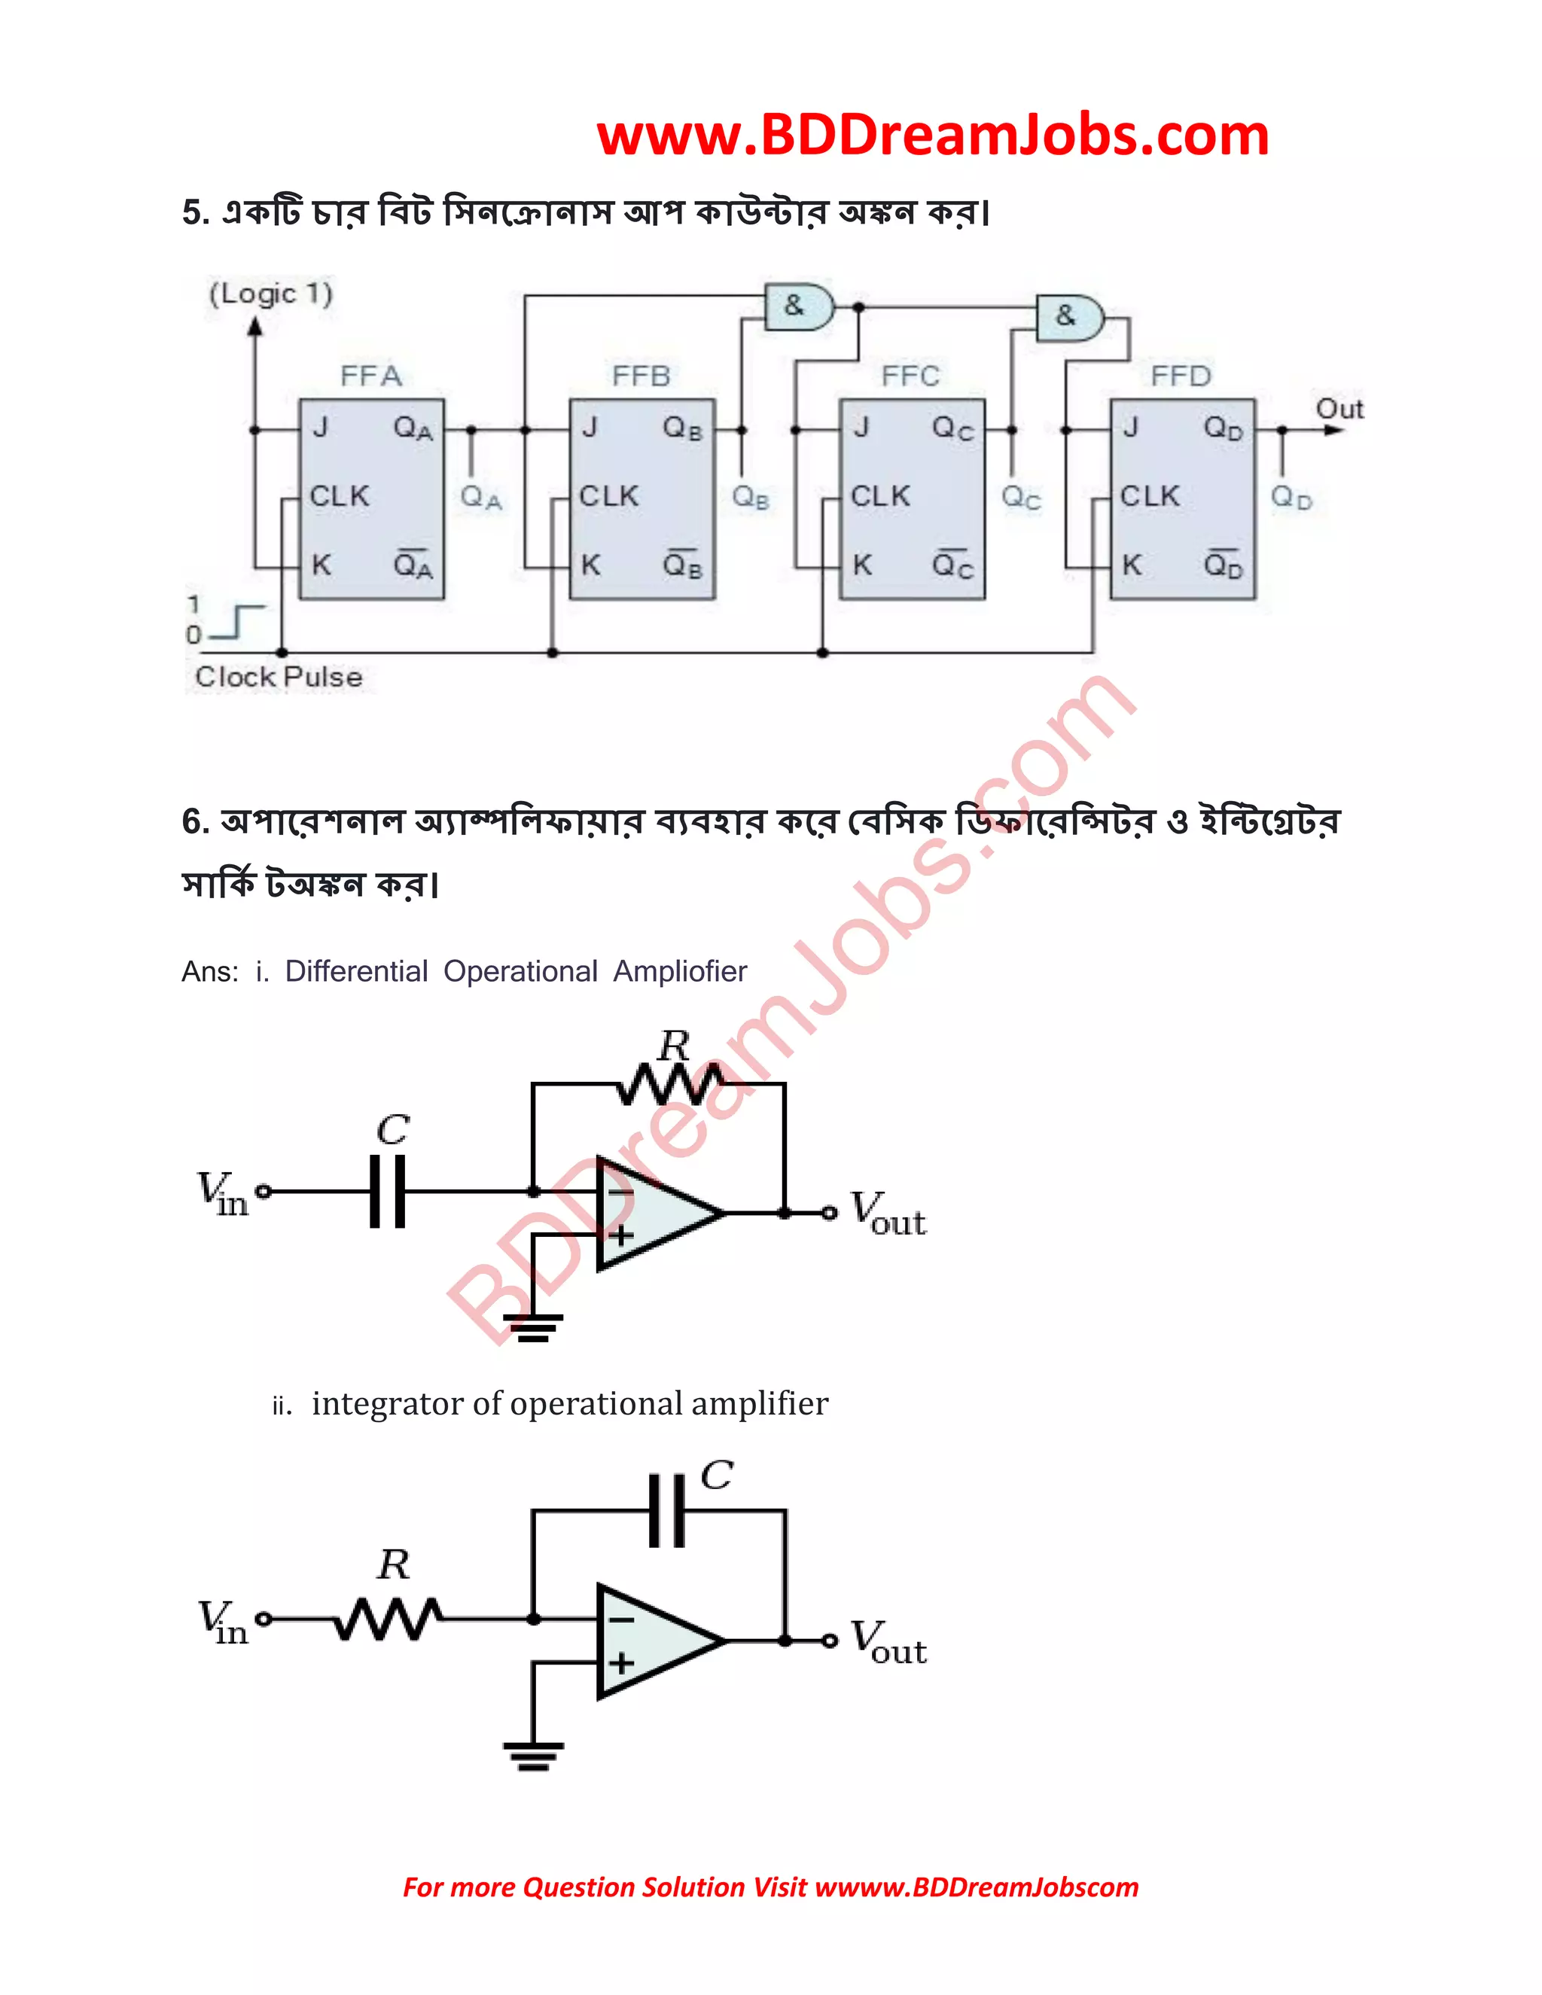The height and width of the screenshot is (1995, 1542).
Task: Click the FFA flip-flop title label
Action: click(x=371, y=376)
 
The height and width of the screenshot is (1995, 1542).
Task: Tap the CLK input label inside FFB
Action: click(x=608, y=496)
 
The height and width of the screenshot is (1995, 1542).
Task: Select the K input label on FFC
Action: click(x=861, y=565)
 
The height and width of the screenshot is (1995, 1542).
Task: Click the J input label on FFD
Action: click(x=1131, y=428)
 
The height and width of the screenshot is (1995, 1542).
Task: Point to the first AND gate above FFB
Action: click(x=798, y=307)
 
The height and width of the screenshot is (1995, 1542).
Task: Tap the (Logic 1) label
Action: click(x=270, y=294)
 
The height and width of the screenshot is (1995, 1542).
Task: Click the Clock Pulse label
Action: click(x=279, y=677)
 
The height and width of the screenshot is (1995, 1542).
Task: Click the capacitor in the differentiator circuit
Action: click(x=387, y=1191)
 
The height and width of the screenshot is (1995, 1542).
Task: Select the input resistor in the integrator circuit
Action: click(x=389, y=1619)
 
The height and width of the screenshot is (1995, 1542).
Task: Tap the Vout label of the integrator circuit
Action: click(x=887, y=1643)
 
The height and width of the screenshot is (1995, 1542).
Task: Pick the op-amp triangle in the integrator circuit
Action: click(x=653, y=1641)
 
